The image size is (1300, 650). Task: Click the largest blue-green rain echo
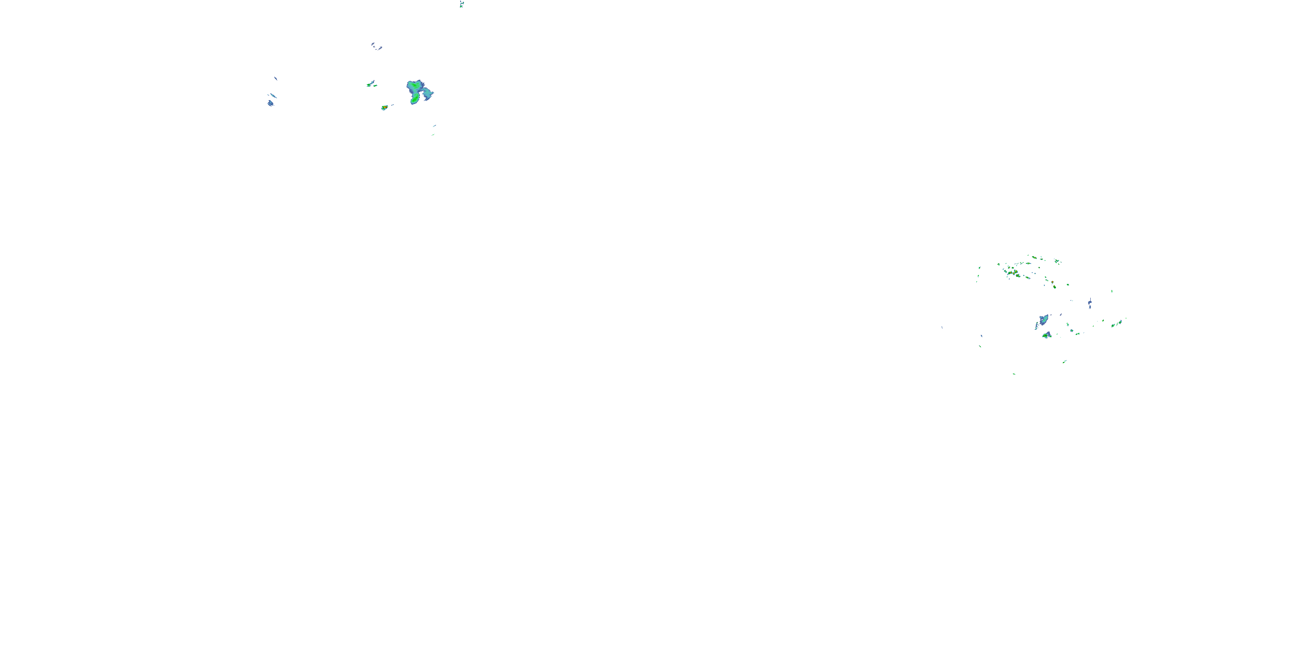tap(418, 91)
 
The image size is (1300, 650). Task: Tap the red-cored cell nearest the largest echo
tap(384, 107)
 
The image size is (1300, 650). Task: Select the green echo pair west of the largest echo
tap(371, 84)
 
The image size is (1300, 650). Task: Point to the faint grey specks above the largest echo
tap(377, 47)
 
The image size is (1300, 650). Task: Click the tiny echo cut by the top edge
tap(461, 4)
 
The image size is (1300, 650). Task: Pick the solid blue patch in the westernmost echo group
tap(270, 104)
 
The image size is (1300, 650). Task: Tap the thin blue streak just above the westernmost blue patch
tap(273, 95)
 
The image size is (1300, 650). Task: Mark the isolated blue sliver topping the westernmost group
tap(276, 78)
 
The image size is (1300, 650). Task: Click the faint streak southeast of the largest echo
tap(433, 130)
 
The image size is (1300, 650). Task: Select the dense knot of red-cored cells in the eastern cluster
tap(1014, 273)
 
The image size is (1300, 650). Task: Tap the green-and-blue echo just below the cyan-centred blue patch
tap(1046, 335)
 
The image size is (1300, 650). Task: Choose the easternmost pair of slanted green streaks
tap(1116, 324)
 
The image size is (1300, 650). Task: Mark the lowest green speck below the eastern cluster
tap(1014, 374)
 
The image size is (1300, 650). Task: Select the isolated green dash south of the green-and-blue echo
tap(1064, 361)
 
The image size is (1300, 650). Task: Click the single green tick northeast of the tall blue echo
tap(1112, 291)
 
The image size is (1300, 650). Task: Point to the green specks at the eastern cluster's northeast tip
tap(1057, 261)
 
